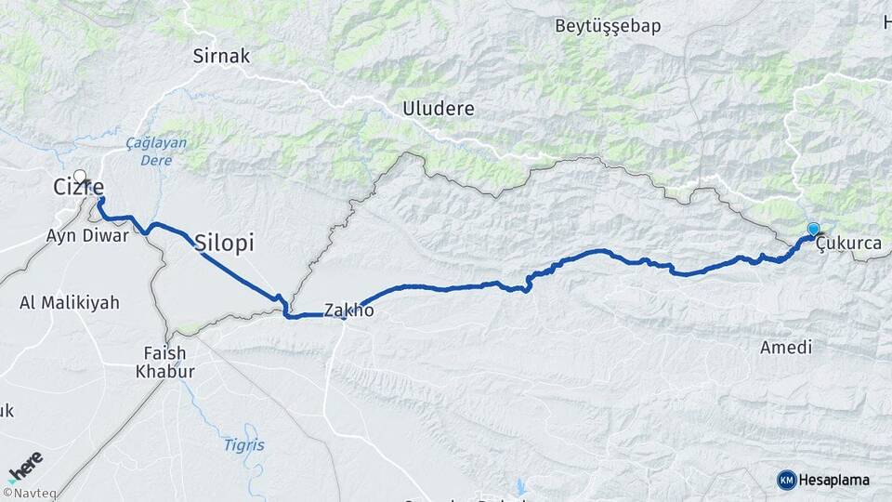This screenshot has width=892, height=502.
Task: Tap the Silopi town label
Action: tap(225, 244)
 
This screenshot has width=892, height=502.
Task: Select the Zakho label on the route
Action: tap(349, 310)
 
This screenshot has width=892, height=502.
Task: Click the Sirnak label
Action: tap(221, 56)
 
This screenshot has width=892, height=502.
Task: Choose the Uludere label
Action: tap(438, 109)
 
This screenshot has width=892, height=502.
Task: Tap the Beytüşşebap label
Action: tap(608, 26)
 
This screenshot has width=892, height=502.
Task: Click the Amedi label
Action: tap(785, 348)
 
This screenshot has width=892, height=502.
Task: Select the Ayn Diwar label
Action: tap(86, 235)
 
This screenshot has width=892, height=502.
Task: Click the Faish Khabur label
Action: tap(165, 363)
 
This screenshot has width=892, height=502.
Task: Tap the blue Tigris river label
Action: tap(243, 445)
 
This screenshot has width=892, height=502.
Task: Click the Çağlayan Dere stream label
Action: tap(156, 151)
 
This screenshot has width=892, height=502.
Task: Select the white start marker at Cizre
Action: tap(80, 177)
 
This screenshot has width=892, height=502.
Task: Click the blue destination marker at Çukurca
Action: tap(813, 229)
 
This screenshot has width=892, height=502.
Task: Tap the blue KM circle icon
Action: tap(786, 480)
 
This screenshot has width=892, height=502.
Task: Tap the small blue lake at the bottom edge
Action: tap(520, 486)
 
